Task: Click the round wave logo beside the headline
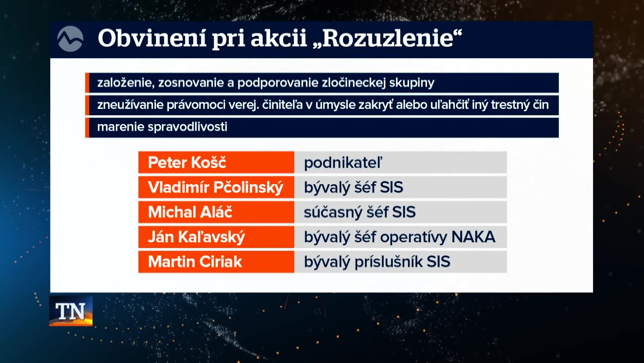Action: [x=70, y=39]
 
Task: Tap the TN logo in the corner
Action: [x=71, y=311]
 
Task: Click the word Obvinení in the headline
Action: [x=152, y=38]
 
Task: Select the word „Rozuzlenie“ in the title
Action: [x=387, y=38]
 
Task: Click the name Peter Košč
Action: [x=187, y=163]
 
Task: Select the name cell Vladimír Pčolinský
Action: [x=216, y=188]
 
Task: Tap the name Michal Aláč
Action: [x=190, y=212]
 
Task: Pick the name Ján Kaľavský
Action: [x=197, y=237]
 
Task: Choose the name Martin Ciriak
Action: [x=195, y=262]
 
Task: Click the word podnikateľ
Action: [x=343, y=163]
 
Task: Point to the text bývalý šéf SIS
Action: [x=354, y=188]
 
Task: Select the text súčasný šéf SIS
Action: [x=360, y=212]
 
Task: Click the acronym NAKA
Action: [x=473, y=237]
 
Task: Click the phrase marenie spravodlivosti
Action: [x=162, y=127]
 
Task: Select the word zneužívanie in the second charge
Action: [x=130, y=105]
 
